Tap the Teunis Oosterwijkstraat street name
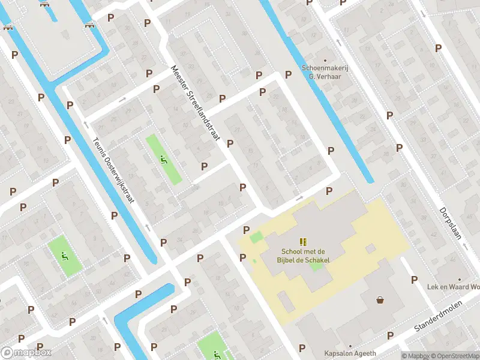113,171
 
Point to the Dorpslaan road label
450,224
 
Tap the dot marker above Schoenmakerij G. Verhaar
325,60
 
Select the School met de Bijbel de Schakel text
304,256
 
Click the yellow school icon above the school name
303,241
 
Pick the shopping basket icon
380,299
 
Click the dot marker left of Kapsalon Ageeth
349,346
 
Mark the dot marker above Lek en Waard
460,280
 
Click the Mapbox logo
25,353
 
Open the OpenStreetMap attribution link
455,356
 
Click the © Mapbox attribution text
416,356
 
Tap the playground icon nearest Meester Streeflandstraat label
163,159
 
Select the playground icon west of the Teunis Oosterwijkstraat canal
64,256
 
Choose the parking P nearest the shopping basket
414,280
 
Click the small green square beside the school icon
256,238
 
